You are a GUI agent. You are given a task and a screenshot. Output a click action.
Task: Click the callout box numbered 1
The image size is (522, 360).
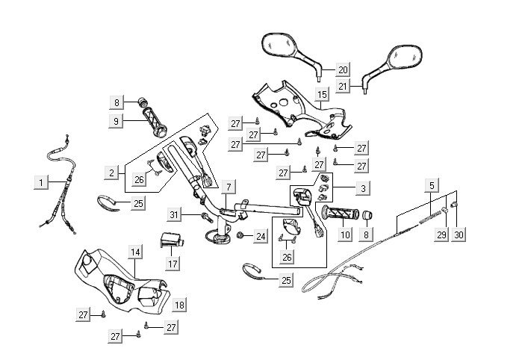(x=42, y=181)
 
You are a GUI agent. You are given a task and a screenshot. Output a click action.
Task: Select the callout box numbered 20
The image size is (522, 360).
(x=343, y=70)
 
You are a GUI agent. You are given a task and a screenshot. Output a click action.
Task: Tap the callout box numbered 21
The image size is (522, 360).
(x=343, y=86)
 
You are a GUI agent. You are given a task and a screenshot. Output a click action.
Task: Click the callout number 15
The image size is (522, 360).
(x=322, y=95)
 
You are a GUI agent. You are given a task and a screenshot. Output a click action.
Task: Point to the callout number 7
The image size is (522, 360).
(x=229, y=186)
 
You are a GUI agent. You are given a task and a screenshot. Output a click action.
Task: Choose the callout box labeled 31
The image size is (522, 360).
(x=173, y=215)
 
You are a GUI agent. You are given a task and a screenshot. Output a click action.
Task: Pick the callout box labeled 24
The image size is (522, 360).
(x=259, y=237)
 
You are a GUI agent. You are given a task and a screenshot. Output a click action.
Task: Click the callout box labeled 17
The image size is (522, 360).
(x=173, y=264)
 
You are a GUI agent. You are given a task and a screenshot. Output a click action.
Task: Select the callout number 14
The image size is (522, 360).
(x=134, y=252)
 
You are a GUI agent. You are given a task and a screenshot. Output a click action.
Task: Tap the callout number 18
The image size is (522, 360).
(x=179, y=305)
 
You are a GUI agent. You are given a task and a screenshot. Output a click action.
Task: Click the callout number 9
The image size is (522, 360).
(x=116, y=121)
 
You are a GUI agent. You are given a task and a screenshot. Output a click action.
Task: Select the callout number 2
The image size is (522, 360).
(x=111, y=173)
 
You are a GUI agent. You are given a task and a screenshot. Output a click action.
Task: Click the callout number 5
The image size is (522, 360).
(x=432, y=184)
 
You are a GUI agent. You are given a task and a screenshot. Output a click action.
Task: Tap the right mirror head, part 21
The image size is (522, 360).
(x=402, y=58)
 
